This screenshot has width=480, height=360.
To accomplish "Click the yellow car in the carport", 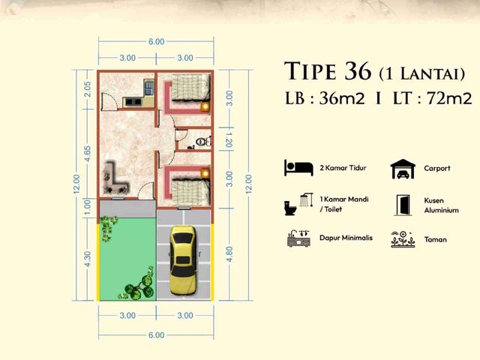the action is [183, 260].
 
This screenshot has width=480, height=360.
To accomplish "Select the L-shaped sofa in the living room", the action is [115, 178].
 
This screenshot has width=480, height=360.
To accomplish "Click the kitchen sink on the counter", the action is [148, 87].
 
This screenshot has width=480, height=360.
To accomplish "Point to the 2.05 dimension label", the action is [87, 88].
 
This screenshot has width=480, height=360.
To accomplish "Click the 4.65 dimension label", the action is [87, 153].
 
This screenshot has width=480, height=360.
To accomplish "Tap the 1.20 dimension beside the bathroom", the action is [229, 140].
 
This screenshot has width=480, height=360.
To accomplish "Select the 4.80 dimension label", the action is [229, 254].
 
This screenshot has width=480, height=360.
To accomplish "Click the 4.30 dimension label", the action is [87, 259].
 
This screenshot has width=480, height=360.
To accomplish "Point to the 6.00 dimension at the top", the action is [157, 42].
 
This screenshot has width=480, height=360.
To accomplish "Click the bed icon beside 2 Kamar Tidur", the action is [298, 168].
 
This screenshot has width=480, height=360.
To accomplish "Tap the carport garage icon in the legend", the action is [403, 169].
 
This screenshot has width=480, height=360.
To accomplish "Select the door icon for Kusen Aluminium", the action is [403, 205].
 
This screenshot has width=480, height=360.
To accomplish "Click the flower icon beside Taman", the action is [403, 239].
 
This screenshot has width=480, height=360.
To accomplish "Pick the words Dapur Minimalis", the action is [346, 238].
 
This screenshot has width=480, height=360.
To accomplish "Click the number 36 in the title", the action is [358, 70].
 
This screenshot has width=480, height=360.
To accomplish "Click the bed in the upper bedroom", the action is [190, 88].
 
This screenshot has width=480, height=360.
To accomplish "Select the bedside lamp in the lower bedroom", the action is [205, 173].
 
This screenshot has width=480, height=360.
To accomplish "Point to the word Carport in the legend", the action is [437, 168].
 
